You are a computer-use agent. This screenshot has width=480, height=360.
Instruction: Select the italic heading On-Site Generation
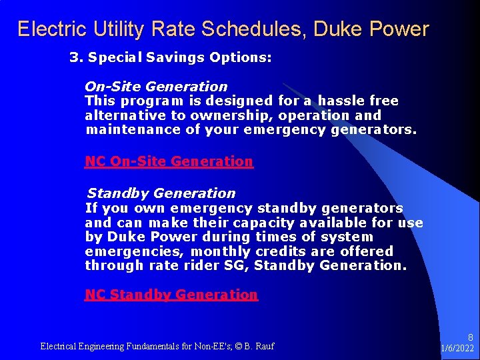click(x=156, y=87)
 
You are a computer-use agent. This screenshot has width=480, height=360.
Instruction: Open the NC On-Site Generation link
click(x=169, y=161)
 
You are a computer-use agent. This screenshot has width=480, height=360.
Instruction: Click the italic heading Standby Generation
click(x=161, y=193)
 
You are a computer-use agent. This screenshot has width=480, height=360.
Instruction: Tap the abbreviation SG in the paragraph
click(x=237, y=265)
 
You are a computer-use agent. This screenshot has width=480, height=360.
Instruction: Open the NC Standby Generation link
click(x=171, y=295)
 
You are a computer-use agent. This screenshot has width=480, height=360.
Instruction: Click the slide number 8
click(x=470, y=338)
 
